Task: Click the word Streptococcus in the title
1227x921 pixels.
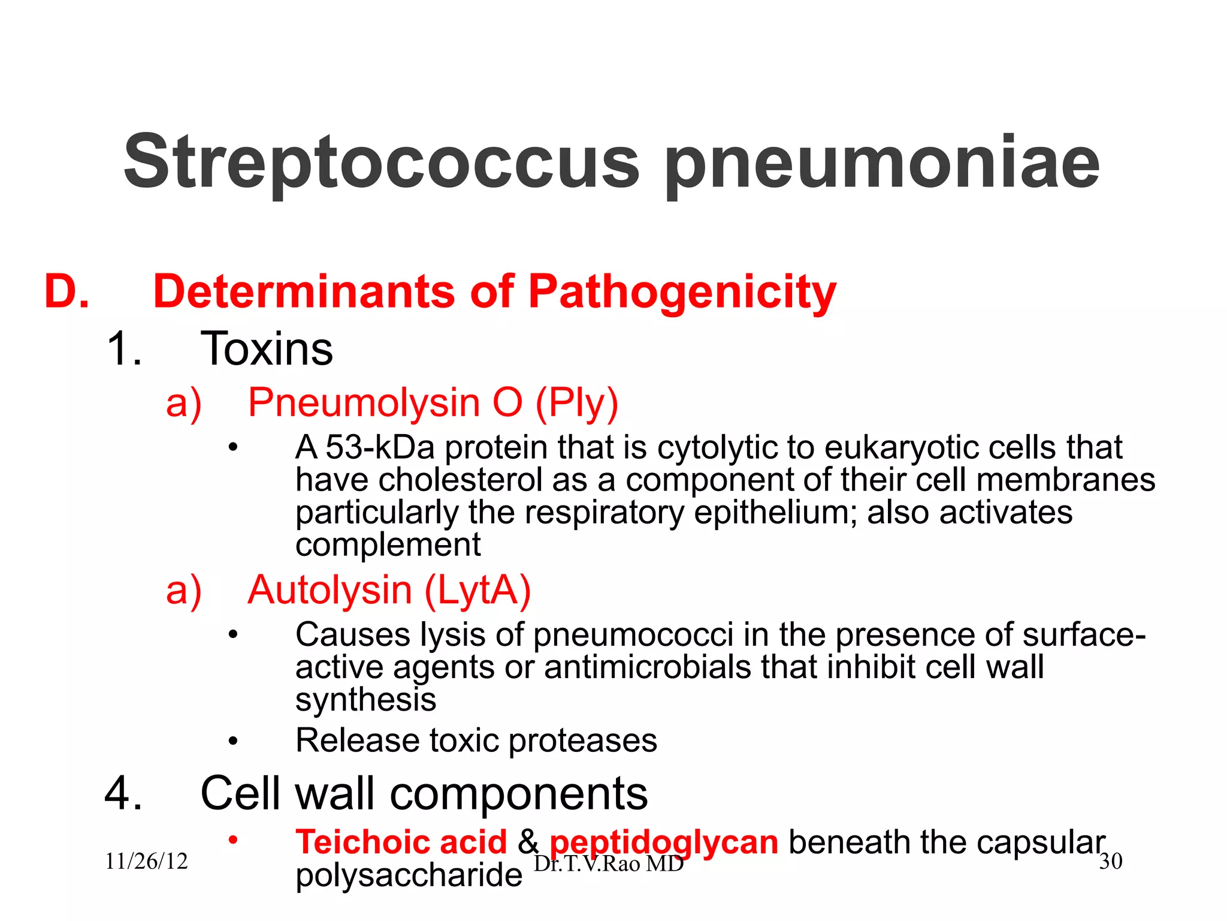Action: [x=382, y=162]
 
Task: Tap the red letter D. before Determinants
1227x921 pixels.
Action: [x=67, y=292]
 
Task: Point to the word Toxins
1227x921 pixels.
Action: [x=266, y=349]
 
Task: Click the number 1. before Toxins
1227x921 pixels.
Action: [x=124, y=349]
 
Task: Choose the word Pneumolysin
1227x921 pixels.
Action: [x=364, y=402]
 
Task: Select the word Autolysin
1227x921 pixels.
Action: [x=330, y=591]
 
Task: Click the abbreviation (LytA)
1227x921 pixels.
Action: [x=477, y=591]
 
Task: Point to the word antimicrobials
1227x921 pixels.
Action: [x=647, y=667]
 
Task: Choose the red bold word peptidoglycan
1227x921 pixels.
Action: [x=664, y=842]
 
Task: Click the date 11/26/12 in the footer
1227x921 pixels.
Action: [x=146, y=862]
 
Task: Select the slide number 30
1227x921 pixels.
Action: [x=1111, y=862]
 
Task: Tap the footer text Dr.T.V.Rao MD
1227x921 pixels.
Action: [x=609, y=864]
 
